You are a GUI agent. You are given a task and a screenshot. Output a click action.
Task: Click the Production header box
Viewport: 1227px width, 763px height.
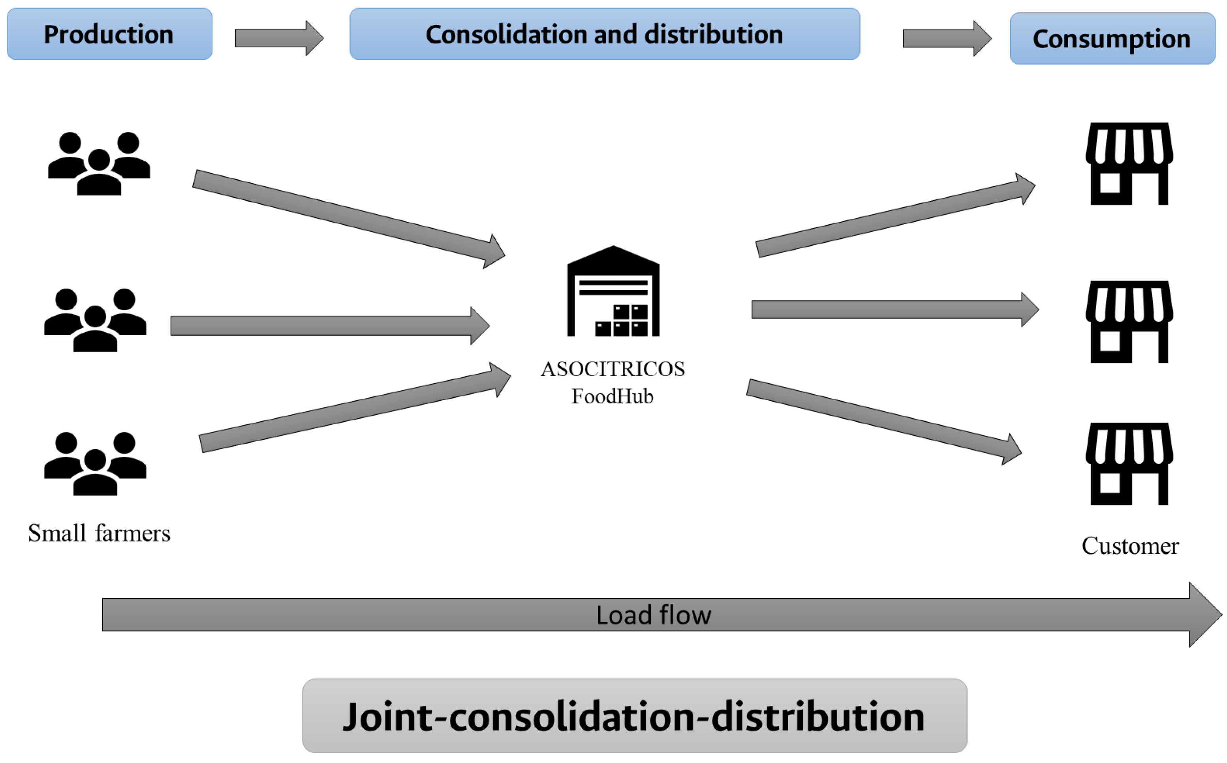pyautogui.click(x=109, y=34)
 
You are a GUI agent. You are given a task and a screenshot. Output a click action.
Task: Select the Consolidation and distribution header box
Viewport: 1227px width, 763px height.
pyautogui.click(x=604, y=34)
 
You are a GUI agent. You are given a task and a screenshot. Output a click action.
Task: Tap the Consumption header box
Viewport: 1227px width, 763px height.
pyautogui.click(x=1112, y=38)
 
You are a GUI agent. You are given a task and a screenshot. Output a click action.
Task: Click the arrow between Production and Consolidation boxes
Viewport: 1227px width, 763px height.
pyautogui.click(x=278, y=38)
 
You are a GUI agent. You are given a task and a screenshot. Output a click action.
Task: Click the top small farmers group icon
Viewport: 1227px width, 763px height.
pyautogui.click(x=99, y=163)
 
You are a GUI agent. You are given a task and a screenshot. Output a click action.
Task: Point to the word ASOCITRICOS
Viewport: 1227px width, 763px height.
pyautogui.click(x=612, y=369)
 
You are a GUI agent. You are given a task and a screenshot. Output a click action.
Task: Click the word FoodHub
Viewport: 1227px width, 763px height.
pyautogui.click(x=612, y=396)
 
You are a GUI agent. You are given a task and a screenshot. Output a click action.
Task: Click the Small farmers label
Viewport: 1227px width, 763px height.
pyautogui.click(x=99, y=533)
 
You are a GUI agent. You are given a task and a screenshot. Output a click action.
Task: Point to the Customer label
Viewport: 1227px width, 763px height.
pyautogui.click(x=1129, y=546)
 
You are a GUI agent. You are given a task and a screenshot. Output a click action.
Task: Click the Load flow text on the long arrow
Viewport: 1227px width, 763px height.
pyautogui.click(x=653, y=615)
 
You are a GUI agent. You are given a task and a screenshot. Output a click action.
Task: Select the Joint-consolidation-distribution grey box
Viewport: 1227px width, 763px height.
pyautogui.click(x=635, y=716)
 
